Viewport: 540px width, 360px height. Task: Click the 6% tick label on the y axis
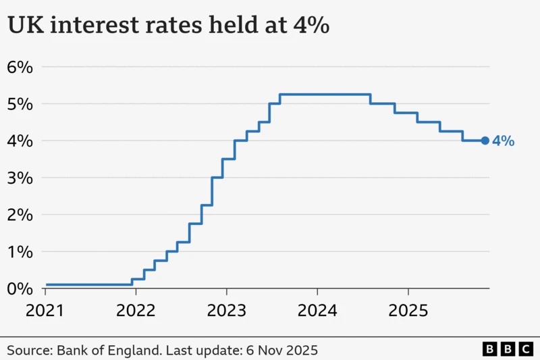(20, 67)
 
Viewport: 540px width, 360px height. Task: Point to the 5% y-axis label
(20, 104)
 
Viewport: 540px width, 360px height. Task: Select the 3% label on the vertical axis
(20, 178)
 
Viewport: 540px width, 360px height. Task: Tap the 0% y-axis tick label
(20, 288)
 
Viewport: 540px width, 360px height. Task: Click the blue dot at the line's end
(485, 140)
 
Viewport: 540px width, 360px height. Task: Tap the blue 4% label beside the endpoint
(504, 141)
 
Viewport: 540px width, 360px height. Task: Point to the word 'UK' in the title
(23, 26)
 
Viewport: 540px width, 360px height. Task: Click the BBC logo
(508, 349)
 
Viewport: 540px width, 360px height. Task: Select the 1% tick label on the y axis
(20, 251)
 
